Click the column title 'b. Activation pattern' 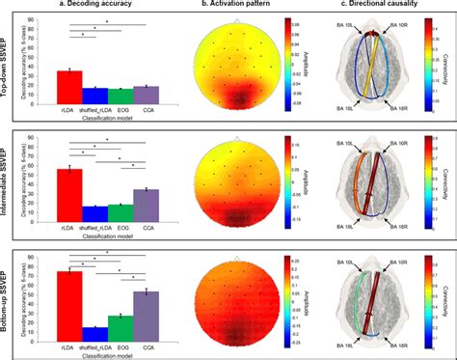pyautogui.click(x=238, y=6)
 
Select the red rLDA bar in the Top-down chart pyautogui.click(x=69, y=86)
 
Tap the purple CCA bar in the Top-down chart pyautogui.click(x=145, y=94)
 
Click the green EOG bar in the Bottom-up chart pyautogui.click(x=120, y=326)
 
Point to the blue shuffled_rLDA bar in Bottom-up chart pyautogui.click(x=94, y=332)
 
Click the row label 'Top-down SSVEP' pyautogui.click(x=8, y=64)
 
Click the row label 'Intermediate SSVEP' pyautogui.click(x=8, y=179)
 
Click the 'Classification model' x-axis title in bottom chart pyautogui.click(x=107, y=353)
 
